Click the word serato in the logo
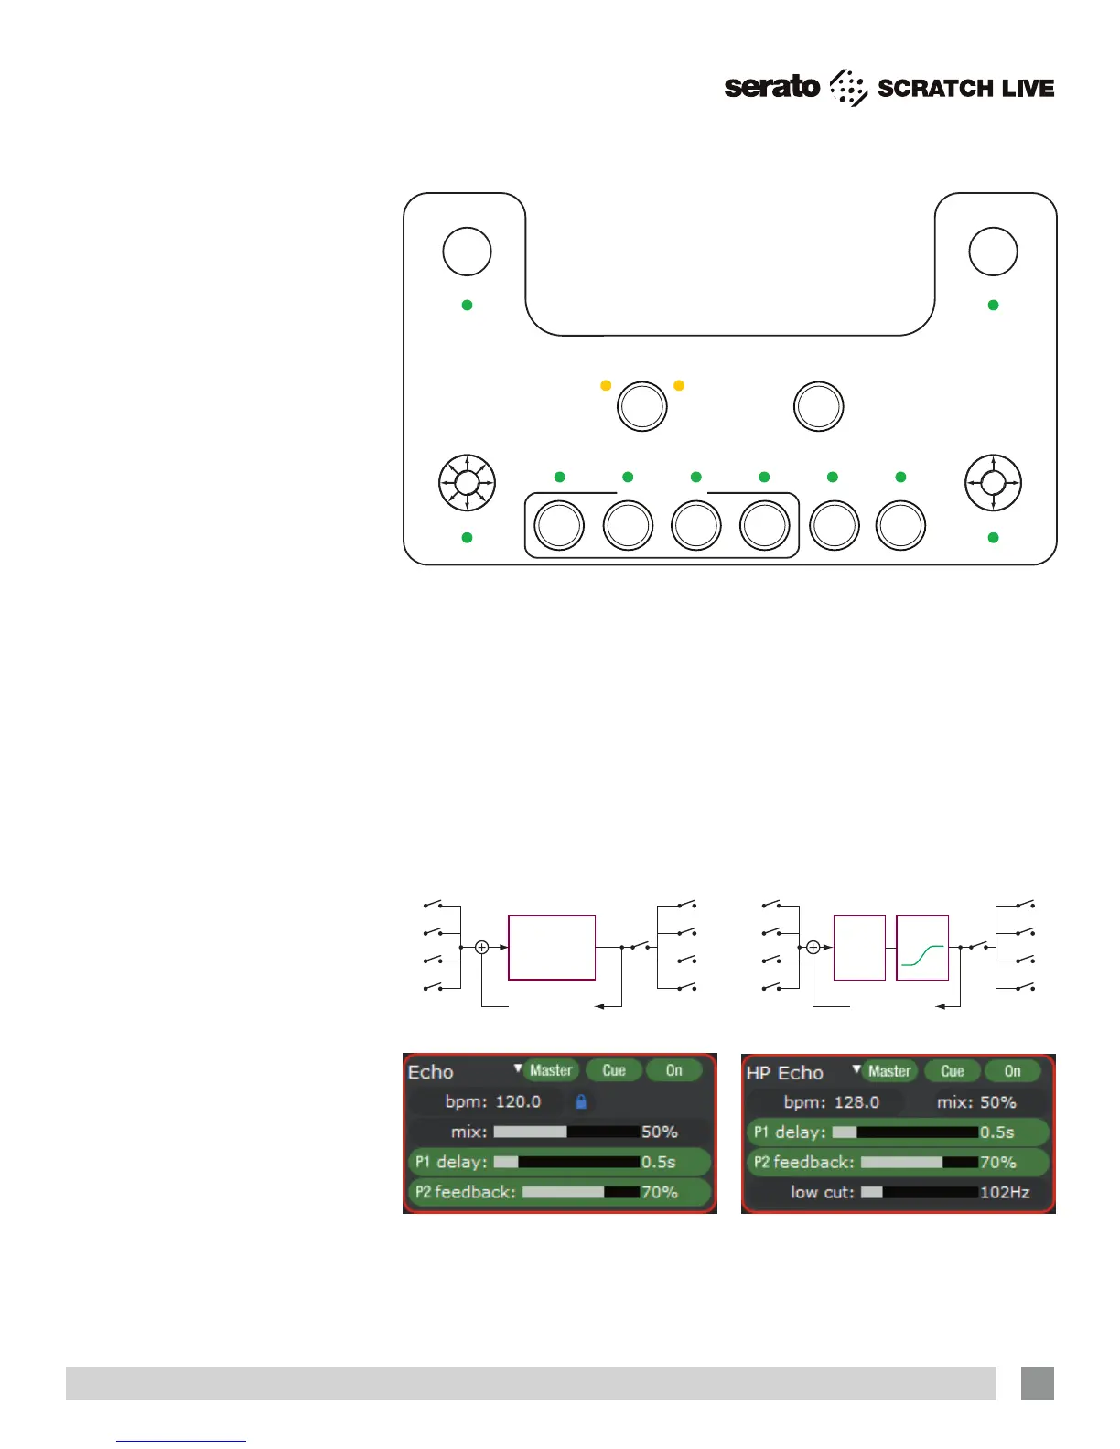click(771, 88)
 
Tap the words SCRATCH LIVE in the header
click(965, 89)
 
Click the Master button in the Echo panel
click(551, 1070)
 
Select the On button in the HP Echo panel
click(1012, 1071)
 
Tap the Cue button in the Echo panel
click(614, 1070)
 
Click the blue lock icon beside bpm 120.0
click(580, 1101)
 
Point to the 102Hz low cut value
click(1005, 1192)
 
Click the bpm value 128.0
click(856, 1102)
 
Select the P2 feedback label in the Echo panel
click(465, 1192)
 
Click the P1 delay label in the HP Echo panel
click(789, 1132)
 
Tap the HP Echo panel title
click(785, 1072)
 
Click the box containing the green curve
click(921, 948)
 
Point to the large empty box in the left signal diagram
click(552, 948)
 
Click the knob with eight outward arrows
click(468, 482)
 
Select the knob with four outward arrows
click(994, 482)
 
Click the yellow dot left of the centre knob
click(606, 386)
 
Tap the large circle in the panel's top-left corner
click(467, 252)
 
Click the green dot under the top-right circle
click(994, 305)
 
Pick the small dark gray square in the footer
click(1038, 1383)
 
